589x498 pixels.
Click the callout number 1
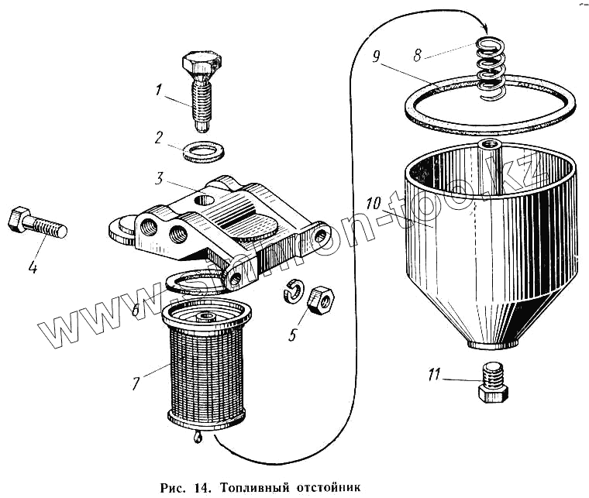click(158, 91)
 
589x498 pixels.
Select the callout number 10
click(374, 206)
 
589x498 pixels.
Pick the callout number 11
click(434, 376)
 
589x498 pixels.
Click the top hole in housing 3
click(205, 201)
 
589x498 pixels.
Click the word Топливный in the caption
click(253, 488)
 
